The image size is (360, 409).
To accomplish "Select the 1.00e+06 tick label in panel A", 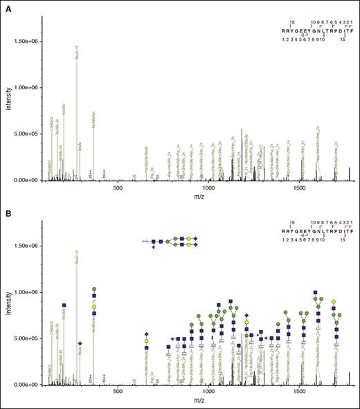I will click(x=27, y=87).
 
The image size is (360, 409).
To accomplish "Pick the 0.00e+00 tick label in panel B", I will click(x=27, y=384).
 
